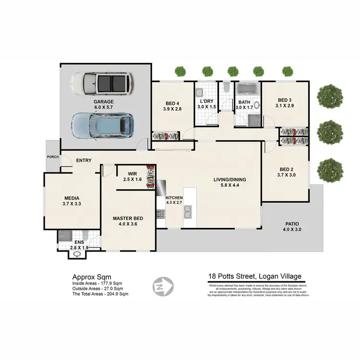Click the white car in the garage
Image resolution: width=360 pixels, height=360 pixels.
pos(103,84)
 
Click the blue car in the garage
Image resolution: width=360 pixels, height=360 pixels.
pos(102,125)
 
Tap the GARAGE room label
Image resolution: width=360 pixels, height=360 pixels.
pos(104,102)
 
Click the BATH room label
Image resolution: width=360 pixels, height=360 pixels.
pos(244,102)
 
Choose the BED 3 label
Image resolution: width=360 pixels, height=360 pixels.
pos(285,100)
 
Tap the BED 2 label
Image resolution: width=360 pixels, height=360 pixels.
pos(287,169)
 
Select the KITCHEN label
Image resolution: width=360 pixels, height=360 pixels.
pos(174,198)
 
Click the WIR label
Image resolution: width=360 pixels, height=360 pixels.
pos(133,173)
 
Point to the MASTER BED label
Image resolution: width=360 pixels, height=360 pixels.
pos(126,218)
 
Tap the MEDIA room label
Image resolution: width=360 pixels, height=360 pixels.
pos(72,198)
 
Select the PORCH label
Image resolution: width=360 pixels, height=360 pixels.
pos(52,157)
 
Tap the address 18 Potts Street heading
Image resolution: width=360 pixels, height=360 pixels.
pos(254,276)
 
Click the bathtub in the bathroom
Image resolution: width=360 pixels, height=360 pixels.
pos(246,89)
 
